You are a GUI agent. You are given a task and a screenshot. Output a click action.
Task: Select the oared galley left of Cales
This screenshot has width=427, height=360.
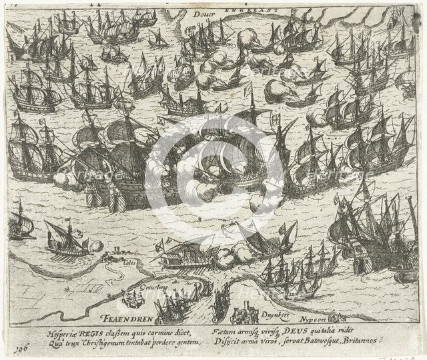click(67, 241)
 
